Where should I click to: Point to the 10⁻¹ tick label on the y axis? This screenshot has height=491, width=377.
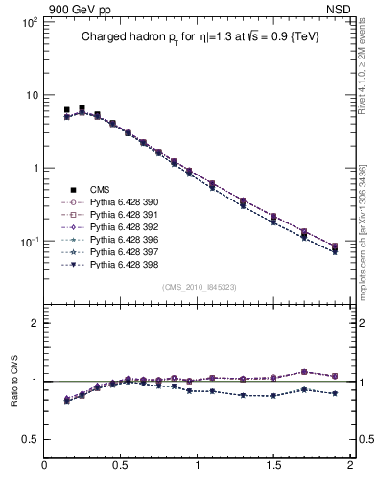(x=29, y=241)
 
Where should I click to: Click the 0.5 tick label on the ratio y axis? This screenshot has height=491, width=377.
(x=29, y=439)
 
